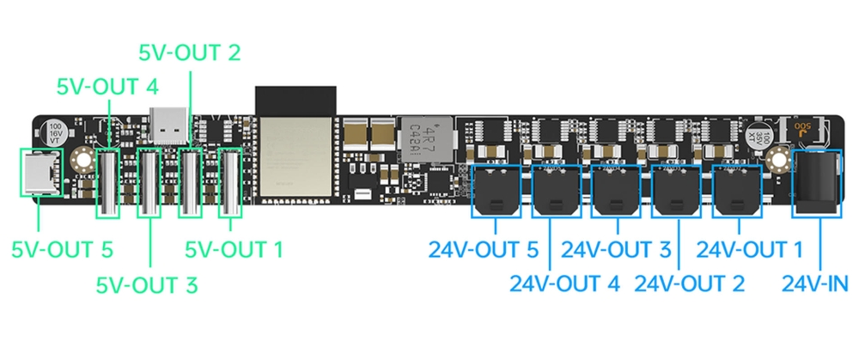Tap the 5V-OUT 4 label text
point(107,87)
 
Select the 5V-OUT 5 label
point(62,250)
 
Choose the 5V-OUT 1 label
point(234,250)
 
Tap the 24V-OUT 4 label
point(564,283)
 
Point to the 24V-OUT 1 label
point(749,250)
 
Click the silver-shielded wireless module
point(295,156)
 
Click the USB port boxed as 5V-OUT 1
point(230,181)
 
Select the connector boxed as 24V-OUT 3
point(618,190)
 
